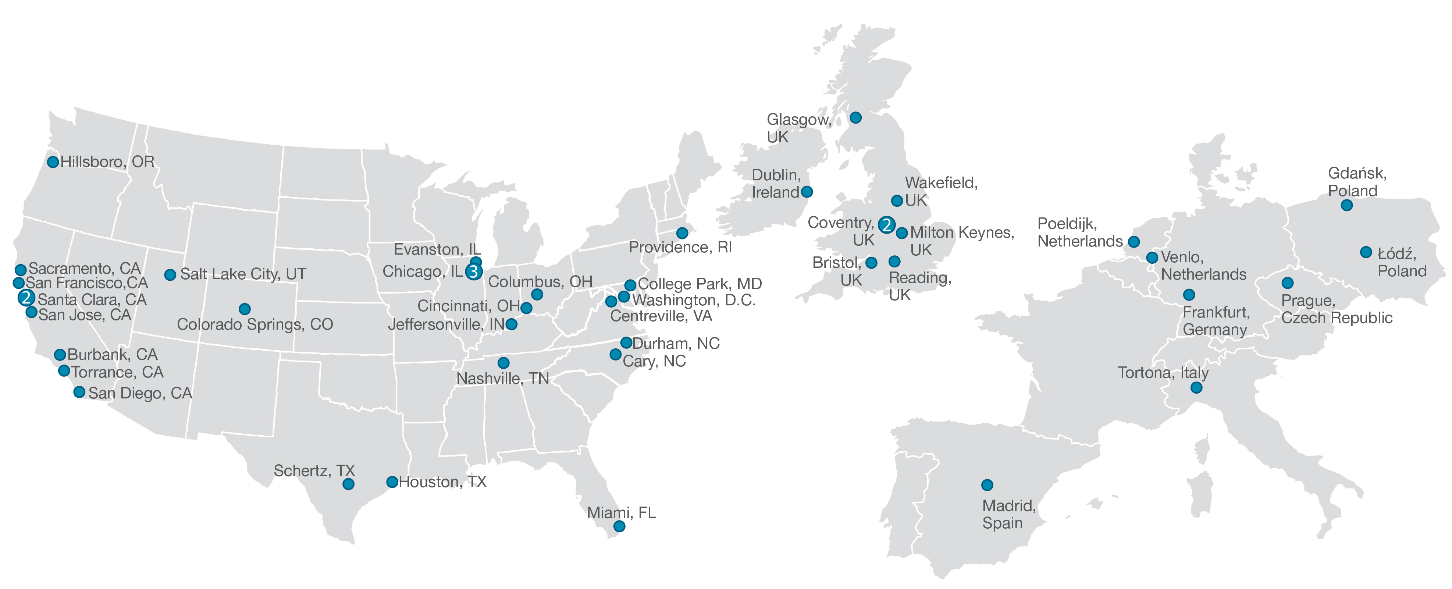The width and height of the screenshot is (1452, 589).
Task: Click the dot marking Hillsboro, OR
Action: (53, 162)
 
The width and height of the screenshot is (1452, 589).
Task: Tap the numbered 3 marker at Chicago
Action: (473, 272)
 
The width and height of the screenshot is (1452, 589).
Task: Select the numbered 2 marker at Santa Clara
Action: (26, 298)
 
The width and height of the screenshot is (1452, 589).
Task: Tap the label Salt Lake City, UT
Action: (243, 274)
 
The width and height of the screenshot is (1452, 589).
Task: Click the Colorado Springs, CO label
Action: (255, 324)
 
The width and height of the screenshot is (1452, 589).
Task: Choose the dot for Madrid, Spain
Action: (987, 485)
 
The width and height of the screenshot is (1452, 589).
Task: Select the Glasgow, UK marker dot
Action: (855, 118)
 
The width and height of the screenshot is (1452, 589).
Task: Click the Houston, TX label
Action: (442, 482)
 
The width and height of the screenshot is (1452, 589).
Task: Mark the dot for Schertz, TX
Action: (348, 484)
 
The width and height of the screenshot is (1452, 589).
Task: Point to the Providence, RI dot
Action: (682, 233)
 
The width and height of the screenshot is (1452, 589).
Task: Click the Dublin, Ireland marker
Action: (807, 192)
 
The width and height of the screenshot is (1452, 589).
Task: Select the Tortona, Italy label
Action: (1163, 373)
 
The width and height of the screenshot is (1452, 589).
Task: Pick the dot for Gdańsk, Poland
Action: (1346, 206)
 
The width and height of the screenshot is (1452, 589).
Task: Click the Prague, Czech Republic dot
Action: (1287, 283)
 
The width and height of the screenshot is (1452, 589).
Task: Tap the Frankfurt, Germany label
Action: (1215, 321)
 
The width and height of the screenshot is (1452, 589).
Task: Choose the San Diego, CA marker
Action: (79, 392)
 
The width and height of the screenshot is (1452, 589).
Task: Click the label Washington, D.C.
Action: (694, 300)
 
